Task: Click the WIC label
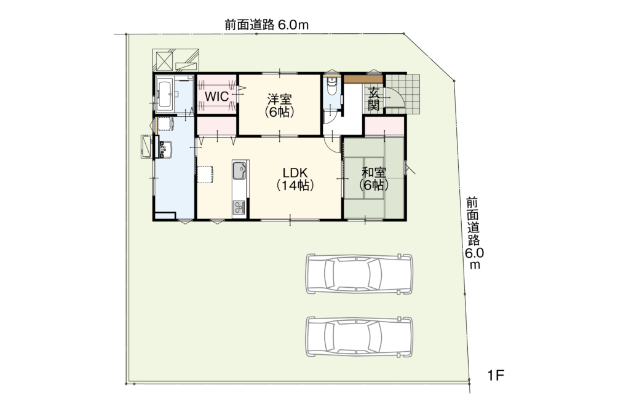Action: (217, 96)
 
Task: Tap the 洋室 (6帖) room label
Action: (280, 105)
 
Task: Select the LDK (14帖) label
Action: (295, 178)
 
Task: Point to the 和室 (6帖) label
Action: (374, 178)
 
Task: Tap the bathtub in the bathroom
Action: (165, 94)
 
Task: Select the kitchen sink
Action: (239, 172)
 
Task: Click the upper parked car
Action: (360, 274)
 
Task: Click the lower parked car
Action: (360, 337)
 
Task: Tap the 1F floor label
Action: (496, 375)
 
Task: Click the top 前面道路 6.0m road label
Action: (267, 25)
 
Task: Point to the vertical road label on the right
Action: (473, 233)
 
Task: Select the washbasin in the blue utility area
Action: (166, 149)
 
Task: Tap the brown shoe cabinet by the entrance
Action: (363, 79)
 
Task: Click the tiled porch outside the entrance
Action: (403, 94)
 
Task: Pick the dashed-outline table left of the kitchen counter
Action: (205, 174)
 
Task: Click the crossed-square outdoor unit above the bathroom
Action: (165, 60)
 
